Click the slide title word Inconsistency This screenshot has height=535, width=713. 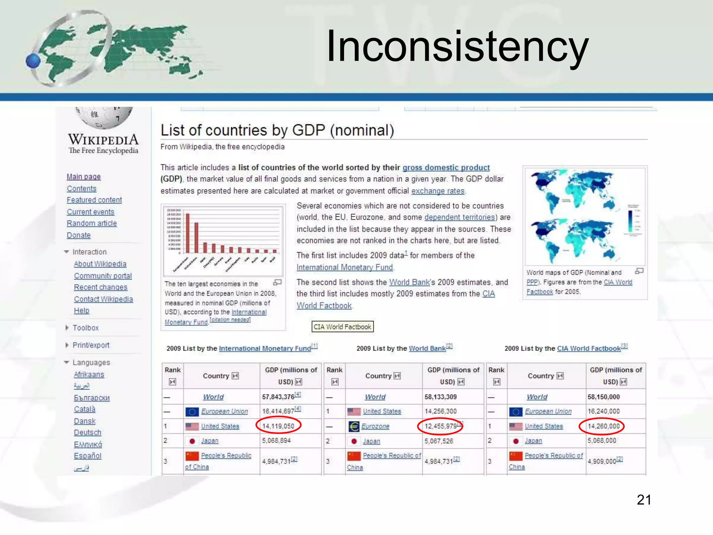(457, 46)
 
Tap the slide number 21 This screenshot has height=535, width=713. (644, 500)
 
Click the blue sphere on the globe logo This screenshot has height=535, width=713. (33, 61)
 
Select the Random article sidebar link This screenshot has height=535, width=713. (92, 223)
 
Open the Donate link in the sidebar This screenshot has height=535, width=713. (79, 235)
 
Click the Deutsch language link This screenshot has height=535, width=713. (87, 432)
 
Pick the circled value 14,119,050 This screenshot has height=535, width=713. (278, 426)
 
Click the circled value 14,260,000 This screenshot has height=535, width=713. (604, 426)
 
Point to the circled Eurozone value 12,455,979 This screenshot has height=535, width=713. (440, 426)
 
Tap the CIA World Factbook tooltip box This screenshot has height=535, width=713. (342, 327)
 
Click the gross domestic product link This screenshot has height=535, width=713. (446, 168)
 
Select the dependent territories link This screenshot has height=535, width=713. (460, 217)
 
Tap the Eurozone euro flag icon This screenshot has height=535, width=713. (354, 426)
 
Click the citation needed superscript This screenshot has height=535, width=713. (230, 320)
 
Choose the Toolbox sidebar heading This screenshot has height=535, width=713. (86, 328)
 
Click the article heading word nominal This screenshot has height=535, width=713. (362, 130)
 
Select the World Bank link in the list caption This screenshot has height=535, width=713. (427, 348)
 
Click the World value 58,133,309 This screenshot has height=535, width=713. (440, 397)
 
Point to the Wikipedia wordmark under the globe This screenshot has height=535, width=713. (103, 139)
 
